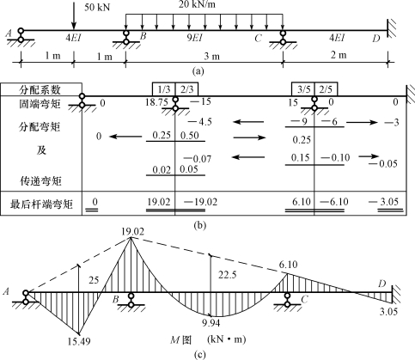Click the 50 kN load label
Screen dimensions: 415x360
pyautogui.click(x=97, y=7)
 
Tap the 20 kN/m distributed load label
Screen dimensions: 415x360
pyautogui.click(x=197, y=4)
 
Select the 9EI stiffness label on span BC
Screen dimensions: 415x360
pyautogui.click(x=194, y=38)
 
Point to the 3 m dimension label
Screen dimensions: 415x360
pyautogui.click(x=211, y=56)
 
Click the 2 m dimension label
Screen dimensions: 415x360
pyautogui.click(x=339, y=54)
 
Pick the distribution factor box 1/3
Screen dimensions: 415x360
pyautogui.click(x=164, y=89)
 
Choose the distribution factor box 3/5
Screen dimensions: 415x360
pyautogui.click(x=303, y=89)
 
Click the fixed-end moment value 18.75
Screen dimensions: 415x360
pyautogui.click(x=156, y=102)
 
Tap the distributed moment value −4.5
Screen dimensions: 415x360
pyautogui.click(x=199, y=122)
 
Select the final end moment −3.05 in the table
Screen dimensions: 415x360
pyautogui.click(x=383, y=202)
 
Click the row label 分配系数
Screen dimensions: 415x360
pyautogui.click(x=40, y=89)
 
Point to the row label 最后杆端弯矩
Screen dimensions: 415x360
pyautogui.click(x=41, y=204)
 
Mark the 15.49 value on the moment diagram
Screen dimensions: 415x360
pyautogui.click(x=79, y=341)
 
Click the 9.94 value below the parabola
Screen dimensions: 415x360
pyautogui.click(x=211, y=323)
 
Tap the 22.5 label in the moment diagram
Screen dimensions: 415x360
pyautogui.click(x=228, y=275)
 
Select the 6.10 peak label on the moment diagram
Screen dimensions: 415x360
pyautogui.click(x=288, y=265)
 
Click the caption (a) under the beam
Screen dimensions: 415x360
pyautogui.click(x=198, y=71)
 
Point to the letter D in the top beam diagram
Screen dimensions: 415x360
pyautogui.click(x=376, y=39)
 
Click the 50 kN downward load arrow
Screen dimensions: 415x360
pyautogui.click(x=74, y=15)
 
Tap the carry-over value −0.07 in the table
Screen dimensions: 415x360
pyautogui.click(x=198, y=158)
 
